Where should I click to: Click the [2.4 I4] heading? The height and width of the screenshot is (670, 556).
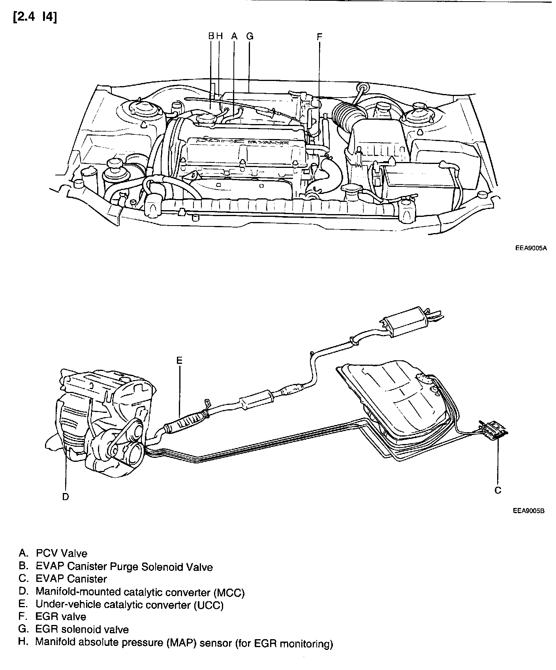35,18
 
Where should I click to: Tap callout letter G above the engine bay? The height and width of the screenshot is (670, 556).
250,36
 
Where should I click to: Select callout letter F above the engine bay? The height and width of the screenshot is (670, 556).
319,36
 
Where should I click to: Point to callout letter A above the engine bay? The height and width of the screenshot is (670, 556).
234,36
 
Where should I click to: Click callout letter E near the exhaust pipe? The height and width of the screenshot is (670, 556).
179,360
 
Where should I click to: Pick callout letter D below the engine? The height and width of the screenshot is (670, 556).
66,497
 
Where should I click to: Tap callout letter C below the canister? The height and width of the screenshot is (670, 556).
498,490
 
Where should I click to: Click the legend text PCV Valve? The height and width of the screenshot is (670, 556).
61,553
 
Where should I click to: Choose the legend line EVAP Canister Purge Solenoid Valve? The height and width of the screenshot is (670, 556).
124,567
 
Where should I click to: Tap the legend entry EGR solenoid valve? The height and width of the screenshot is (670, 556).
82,629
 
